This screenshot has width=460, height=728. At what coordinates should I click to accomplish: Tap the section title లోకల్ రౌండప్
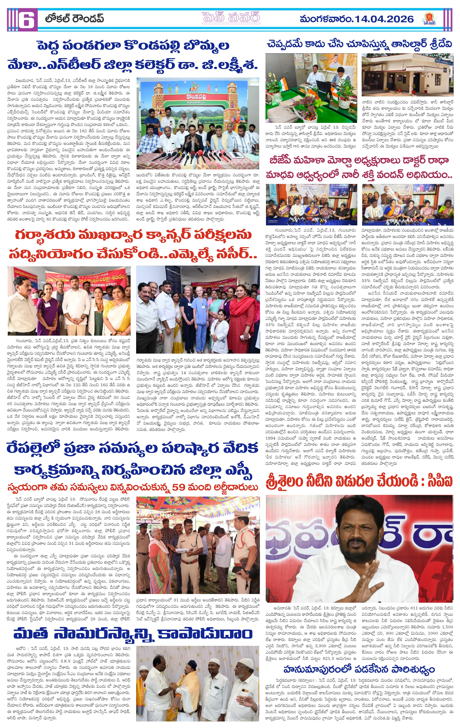74,19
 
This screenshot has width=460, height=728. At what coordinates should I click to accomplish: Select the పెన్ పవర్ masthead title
231,18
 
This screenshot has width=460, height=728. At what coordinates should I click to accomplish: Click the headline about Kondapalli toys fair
133,55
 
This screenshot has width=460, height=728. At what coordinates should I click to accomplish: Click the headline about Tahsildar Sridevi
359,44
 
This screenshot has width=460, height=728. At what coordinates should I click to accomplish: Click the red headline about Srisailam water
359,481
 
